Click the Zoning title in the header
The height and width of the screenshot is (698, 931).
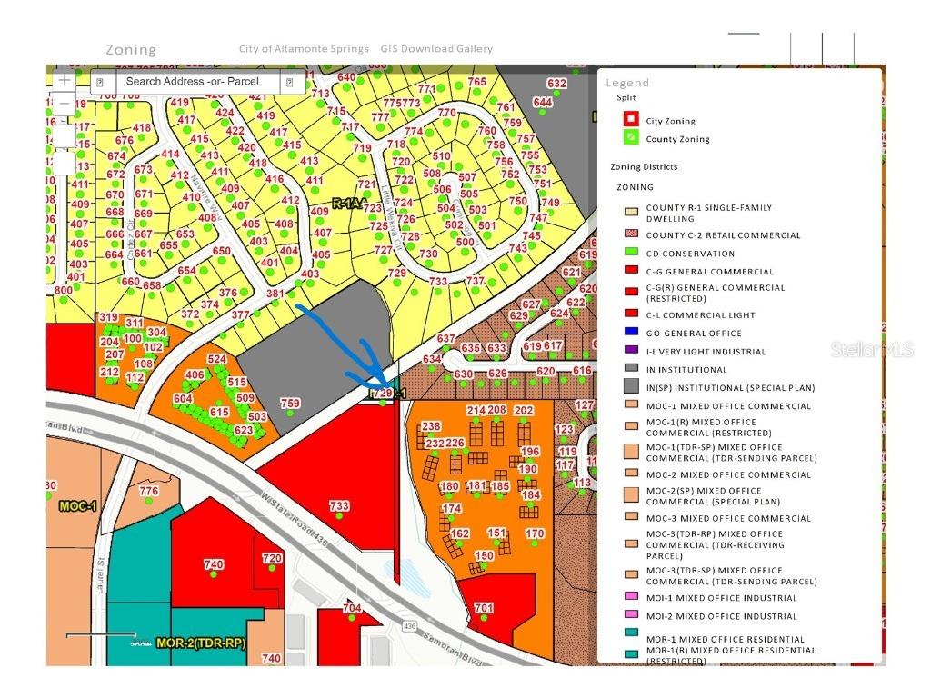click(x=131, y=50)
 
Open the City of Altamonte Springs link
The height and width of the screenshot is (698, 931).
click(x=304, y=49)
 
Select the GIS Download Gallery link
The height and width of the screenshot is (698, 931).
click(x=436, y=49)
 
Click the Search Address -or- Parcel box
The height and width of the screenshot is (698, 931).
click(x=192, y=82)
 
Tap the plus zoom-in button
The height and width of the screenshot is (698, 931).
click(x=64, y=81)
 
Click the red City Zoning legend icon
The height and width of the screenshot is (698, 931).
click(x=629, y=120)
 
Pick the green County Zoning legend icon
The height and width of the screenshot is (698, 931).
click(x=629, y=138)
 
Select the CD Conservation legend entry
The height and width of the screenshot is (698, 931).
click(x=690, y=254)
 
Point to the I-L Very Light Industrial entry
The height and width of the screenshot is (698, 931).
click(x=706, y=352)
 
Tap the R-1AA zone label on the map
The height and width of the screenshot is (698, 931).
click(x=348, y=204)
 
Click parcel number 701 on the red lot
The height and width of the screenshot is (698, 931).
click(x=484, y=608)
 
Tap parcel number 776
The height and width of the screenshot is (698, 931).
click(x=148, y=492)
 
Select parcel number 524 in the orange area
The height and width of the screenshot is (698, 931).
click(x=216, y=360)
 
